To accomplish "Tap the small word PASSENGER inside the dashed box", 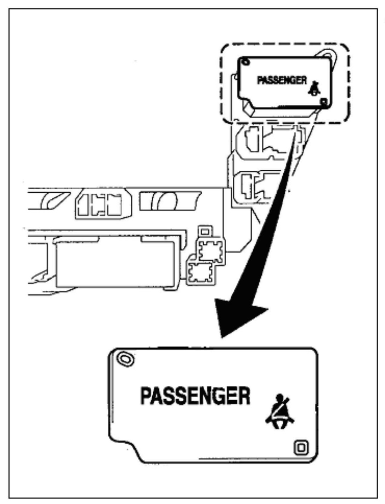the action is click(x=282, y=80).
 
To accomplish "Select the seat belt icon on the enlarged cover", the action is click(x=280, y=409).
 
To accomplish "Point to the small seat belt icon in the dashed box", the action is click(x=314, y=89).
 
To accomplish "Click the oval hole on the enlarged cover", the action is click(x=124, y=358).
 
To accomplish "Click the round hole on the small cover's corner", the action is click(x=244, y=62).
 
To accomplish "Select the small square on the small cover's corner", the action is click(x=324, y=102).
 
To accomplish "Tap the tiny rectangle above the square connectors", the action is click(x=204, y=231).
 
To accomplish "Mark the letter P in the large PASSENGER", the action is click(x=146, y=396).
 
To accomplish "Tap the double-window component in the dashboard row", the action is click(x=100, y=204).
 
